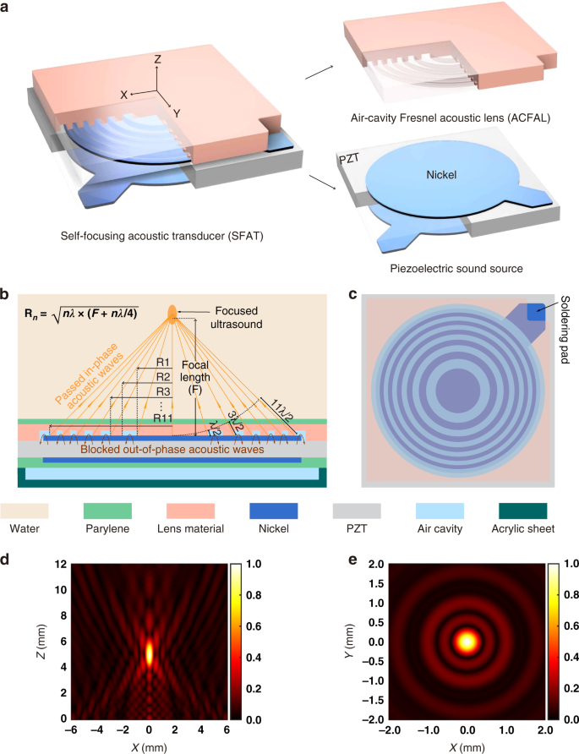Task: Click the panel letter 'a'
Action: [x=7, y=7]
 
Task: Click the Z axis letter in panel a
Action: [x=157, y=61]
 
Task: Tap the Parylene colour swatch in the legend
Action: [x=108, y=510]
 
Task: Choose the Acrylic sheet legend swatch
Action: [x=530, y=510]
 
